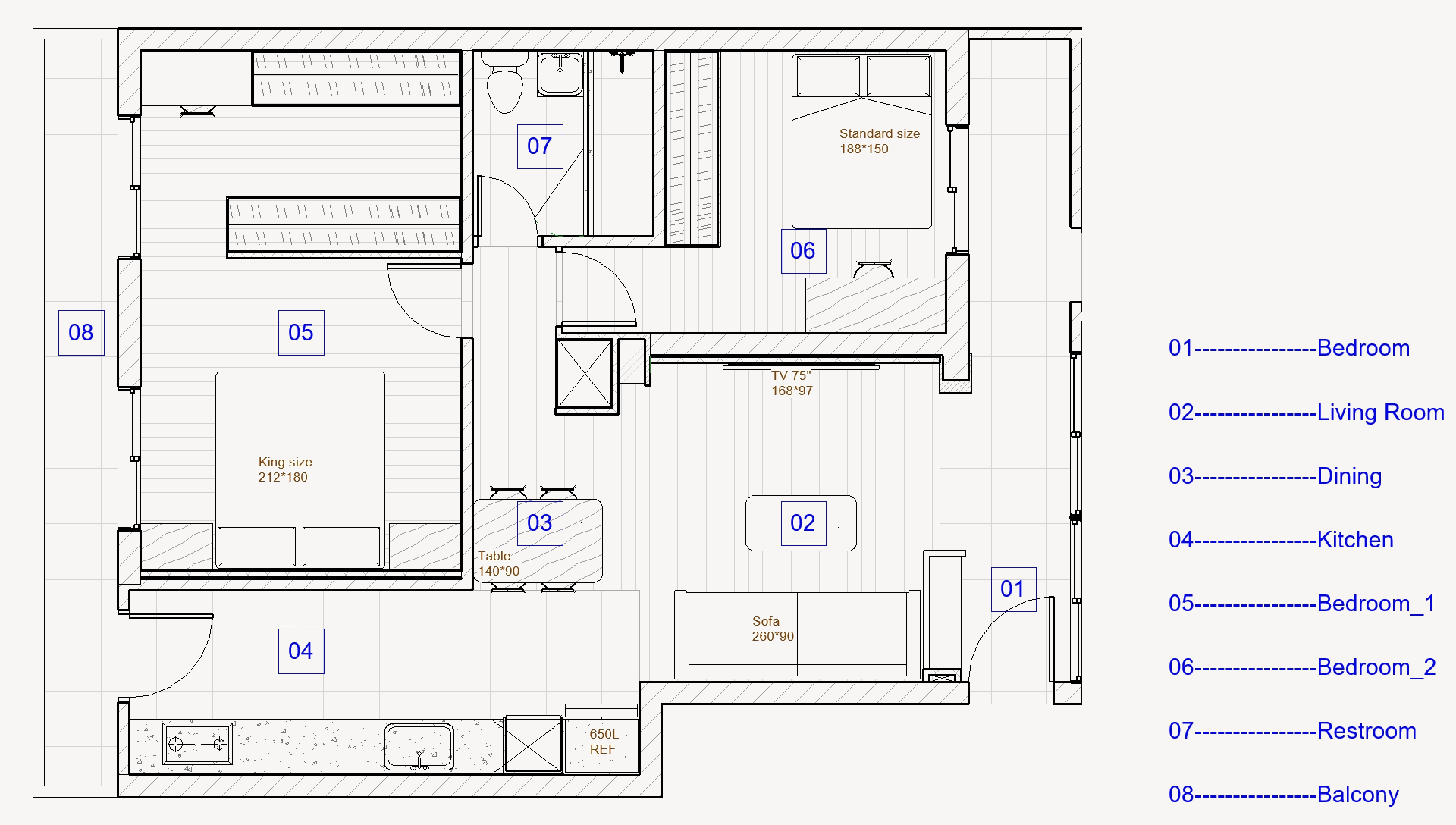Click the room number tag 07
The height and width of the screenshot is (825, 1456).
(x=540, y=146)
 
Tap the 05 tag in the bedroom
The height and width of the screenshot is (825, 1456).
(x=301, y=333)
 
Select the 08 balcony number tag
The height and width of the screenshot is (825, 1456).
(x=81, y=333)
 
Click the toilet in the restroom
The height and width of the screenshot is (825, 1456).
(x=504, y=83)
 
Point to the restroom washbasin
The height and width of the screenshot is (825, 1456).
(x=560, y=74)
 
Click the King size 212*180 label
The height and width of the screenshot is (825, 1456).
(x=284, y=469)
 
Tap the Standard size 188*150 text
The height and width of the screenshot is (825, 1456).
(x=880, y=141)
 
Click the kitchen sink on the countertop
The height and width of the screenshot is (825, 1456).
(x=419, y=746)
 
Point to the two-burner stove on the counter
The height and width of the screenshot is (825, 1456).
(x=197, y=743)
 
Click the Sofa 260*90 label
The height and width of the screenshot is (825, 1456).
(x=773, y=629)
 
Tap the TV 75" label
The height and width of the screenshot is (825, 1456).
(x=791, y=375)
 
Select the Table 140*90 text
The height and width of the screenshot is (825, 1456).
(x=498, y=563)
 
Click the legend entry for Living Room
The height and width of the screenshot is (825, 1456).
(x=1306, y=412)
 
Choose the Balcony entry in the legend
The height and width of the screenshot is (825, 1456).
(x=1283, y=795)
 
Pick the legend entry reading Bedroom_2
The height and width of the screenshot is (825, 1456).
(x=1302, y=667)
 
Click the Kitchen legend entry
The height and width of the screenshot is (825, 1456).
(x=1281, y=540)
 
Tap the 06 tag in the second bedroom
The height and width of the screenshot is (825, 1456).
(x=803, y=251)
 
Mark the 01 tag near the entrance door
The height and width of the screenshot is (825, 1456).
(x=1013, y=589)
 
